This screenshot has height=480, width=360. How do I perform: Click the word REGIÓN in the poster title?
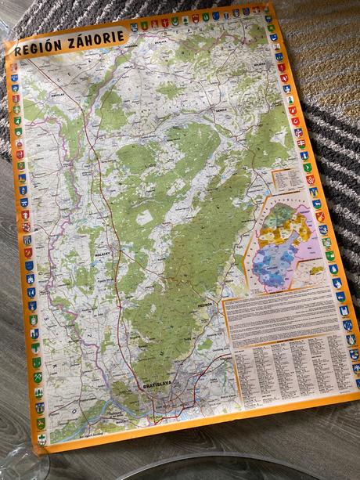(x=37, y=47)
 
